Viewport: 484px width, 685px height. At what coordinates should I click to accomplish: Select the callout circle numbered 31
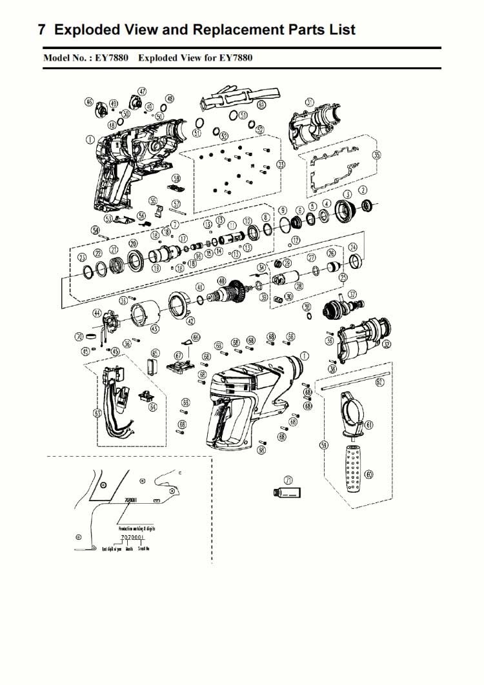coord(309,103)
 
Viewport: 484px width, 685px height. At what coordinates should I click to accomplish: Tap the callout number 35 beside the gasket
coord(377,155)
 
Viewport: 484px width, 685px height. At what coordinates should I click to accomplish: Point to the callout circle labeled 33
coord(280,165)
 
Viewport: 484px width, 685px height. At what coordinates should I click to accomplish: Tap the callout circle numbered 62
coord(380,382)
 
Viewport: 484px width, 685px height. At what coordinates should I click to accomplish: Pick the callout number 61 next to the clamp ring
coord(369,424)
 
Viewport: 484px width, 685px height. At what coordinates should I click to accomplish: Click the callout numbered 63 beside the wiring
coord(98,413)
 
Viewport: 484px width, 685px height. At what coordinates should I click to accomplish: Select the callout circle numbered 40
coord(221,281)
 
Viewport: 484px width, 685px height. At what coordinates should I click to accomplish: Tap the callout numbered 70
coord(79,336)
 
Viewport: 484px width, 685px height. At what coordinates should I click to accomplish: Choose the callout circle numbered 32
coord(387,344)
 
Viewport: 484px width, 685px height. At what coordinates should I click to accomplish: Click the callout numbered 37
coord(352,294)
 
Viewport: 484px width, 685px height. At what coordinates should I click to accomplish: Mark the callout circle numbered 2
coord(363,190)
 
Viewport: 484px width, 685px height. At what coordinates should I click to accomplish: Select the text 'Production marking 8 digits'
coord(136,527)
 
